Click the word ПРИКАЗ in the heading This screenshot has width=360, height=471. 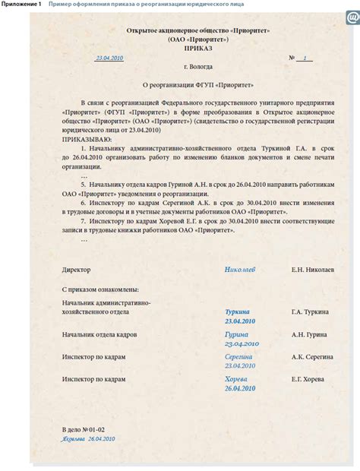point(180,47)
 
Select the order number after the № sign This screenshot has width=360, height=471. point(305,58)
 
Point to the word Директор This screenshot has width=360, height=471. point(76,270)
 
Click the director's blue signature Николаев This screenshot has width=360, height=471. point(240,270)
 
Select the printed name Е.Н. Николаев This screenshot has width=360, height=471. point(312,270)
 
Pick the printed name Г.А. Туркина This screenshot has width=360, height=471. point(310,312)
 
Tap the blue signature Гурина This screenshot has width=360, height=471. point(237,334)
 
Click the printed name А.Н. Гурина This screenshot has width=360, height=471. point(309,335)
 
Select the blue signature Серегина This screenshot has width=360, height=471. point(239,356)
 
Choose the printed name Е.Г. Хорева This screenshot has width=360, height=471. point(310,379)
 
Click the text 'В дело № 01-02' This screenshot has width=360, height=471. point(84,430)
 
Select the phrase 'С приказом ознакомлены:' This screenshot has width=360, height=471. point(99,290)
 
